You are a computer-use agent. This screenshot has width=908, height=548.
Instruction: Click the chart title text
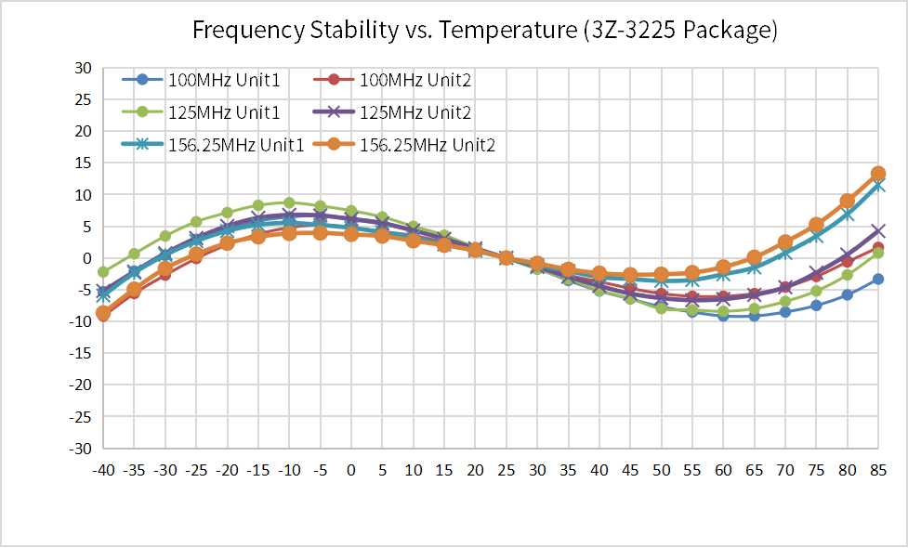[485, 30]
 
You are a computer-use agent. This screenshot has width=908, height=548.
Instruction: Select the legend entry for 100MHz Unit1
[202, 79]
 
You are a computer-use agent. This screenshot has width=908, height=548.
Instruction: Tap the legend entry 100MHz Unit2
[392, 79]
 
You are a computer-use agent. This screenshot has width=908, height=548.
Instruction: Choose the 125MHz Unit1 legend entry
[202, 111]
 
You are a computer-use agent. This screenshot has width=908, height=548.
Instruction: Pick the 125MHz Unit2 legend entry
[392, 111]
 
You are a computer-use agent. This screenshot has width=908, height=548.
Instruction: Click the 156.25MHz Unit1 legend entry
[213, 144]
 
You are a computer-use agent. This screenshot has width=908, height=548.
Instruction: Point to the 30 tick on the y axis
[83, 69]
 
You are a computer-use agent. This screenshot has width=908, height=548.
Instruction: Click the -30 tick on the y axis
[80, 449]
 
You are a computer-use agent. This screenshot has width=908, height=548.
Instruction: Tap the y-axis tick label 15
[83, 163]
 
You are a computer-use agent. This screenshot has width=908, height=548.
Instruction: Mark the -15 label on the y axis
[80, 354]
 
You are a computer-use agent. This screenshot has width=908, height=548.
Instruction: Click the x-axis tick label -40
[104, 470]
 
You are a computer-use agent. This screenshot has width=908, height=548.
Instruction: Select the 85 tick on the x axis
[878, 470]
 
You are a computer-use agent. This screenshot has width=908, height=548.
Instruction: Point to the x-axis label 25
[507, 470]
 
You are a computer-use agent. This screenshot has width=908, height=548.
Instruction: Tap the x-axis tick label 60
[723, 470]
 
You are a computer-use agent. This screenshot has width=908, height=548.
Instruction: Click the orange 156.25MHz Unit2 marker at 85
[878, 173]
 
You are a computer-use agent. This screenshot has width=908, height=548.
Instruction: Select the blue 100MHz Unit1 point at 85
[878, 279]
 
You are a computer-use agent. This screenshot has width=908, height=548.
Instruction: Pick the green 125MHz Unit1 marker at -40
[104, 272]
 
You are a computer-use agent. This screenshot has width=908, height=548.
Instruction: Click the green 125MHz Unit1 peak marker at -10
[290, 203]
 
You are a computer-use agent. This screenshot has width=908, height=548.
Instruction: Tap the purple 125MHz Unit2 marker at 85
[878, 231]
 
